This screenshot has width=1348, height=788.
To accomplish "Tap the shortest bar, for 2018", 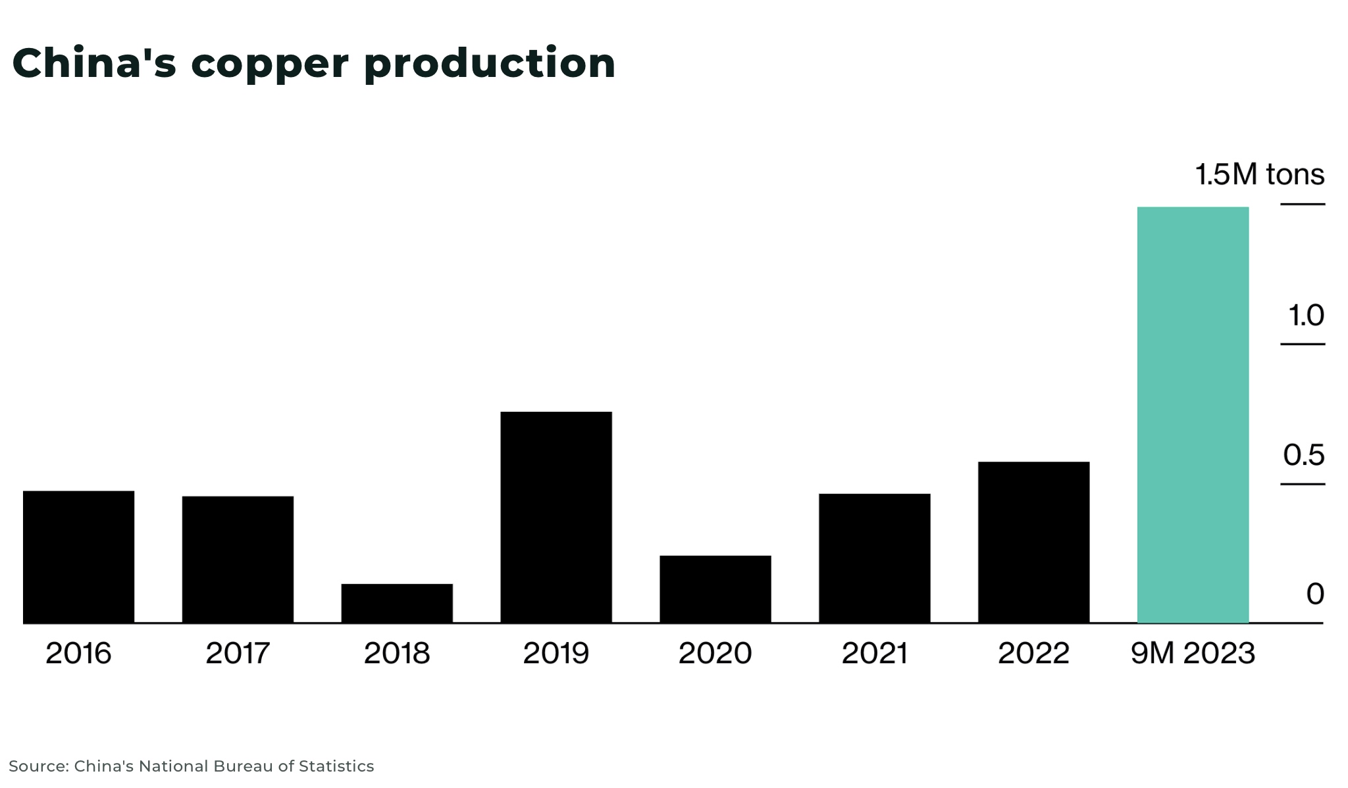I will pyautogui.click(x=397, y=603).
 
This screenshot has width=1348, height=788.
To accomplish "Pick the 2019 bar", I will pyautogui.click(x=556, y=517).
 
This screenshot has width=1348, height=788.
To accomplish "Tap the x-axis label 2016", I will pyautogui.click(x=78, y=653).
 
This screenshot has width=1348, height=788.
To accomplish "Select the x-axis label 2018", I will pyautogui.click(x=397, y=653).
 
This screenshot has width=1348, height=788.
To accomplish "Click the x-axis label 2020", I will pyautogui.click(x=715, y=653).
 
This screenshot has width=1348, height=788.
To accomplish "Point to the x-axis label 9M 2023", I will pyautogui.click(x=1193, y=653).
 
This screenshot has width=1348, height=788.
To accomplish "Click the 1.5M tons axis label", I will pyautogui.click(x=1259, y=175).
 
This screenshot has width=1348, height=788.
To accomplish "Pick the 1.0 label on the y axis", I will pyautogui.click(x=1306, y=316).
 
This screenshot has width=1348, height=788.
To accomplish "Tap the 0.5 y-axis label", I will pyautogui.click(x=1303, y=455).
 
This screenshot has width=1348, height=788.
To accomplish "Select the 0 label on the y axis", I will pyautogui.click(x=1314, y=594).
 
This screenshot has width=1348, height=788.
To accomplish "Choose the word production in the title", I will pyautogui.click(x=490, y=64).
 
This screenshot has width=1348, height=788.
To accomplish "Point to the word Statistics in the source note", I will pyautogui.click(x=336, y=766).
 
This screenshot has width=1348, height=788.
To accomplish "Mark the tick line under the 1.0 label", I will pyautogui.click(x=1302, y=344).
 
